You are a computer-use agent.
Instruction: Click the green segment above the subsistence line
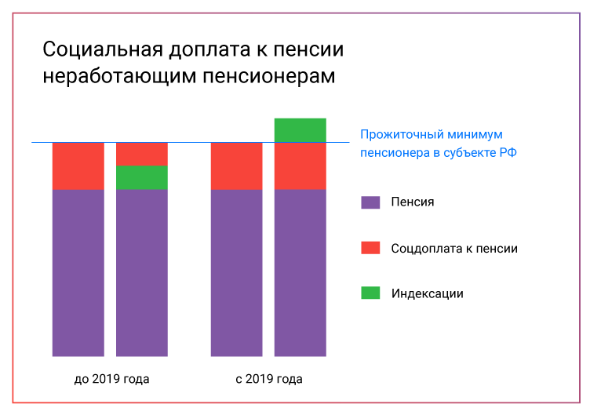click(x=300, y=130)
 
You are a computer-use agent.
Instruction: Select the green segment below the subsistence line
click(x=141, y=177)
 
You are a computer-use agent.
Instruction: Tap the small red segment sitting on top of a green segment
click(x=141, y=154)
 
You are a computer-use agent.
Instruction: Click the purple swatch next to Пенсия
click(x=370, y=202)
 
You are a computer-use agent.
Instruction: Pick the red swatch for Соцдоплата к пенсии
click(x=370, y=248)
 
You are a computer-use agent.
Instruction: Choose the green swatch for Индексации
click(x=370, y=293)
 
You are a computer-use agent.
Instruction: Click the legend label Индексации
click(x=427, y=293)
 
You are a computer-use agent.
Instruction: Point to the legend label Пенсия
click(x=412, y=202)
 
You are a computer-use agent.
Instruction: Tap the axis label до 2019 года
click(x=111, y=379)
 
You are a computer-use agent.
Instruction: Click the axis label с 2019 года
click(x=269, y=379)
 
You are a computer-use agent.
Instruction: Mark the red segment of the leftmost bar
click(x=78, y=166)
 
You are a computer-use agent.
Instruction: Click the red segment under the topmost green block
click(x=300, y=166)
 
